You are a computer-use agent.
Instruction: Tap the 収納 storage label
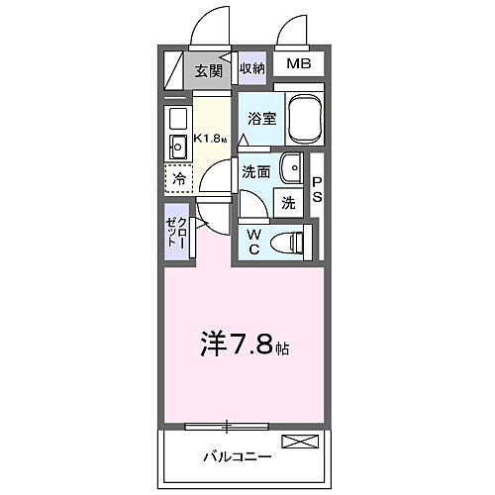(x=252, y=68)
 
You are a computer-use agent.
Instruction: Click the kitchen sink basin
(x=179, y=149)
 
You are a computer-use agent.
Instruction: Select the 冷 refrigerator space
(x=179, y=180)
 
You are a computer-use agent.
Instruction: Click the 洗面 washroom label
(x=256, y=170)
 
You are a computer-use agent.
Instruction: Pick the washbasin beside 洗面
(x=292, y=168)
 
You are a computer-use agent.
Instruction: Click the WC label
(x=252, y=241)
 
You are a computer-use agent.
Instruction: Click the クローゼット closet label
(x=176, y=234)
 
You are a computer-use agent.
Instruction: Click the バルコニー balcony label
(x=238, y=458)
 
